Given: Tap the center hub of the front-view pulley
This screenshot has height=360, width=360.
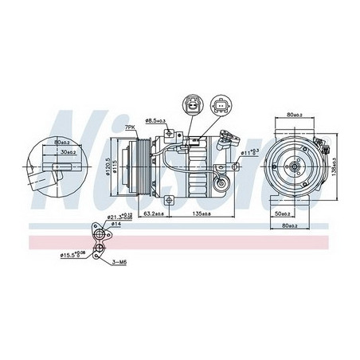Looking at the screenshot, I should point(295,166).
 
